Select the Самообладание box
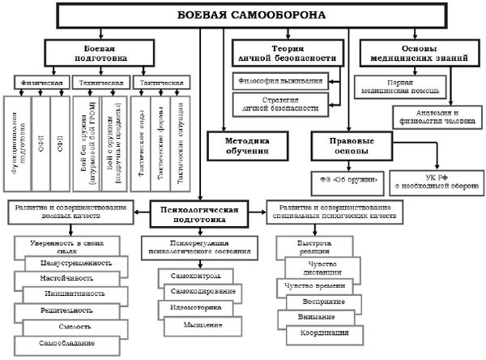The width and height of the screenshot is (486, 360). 70,342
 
